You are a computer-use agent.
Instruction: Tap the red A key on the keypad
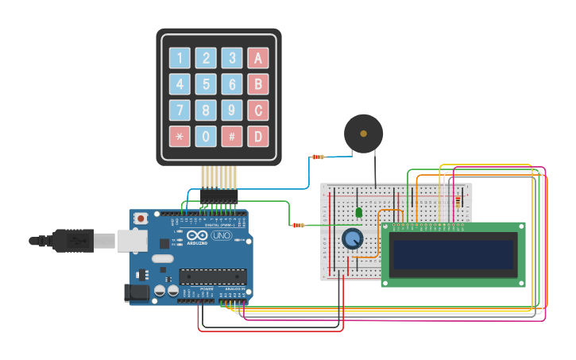click(257, 58)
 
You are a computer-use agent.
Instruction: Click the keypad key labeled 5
click(206, 84)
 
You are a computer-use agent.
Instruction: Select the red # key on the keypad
click(232, 136)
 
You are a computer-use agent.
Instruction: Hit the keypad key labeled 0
click(206, 136)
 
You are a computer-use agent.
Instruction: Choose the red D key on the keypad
click(257, 136)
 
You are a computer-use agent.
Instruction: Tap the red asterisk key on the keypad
click(180, 136)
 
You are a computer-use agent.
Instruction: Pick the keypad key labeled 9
click(232, 110)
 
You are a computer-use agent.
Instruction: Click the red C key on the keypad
click(257, 110)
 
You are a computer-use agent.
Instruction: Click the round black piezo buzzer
click(363, 134)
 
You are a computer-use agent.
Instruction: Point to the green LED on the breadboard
click(359, 212)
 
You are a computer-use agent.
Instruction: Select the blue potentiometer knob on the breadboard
click(352, 238)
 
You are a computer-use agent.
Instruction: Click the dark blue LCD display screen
click(452, 254)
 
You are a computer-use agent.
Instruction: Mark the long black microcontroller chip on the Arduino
click(212, 276)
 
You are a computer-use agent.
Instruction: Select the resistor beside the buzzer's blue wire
click(318, 157)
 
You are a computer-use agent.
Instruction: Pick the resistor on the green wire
click(298, 225)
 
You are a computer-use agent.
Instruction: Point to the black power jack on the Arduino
click(137, 293)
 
